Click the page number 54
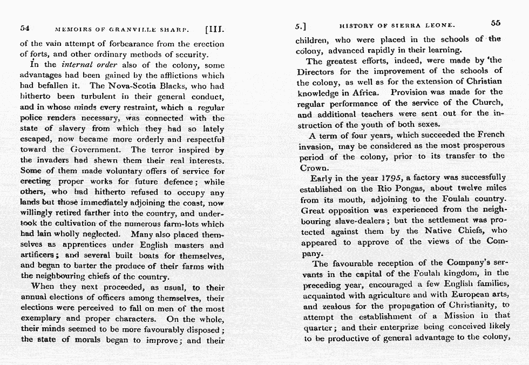tap(24, 28)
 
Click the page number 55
tap(496, 23)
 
